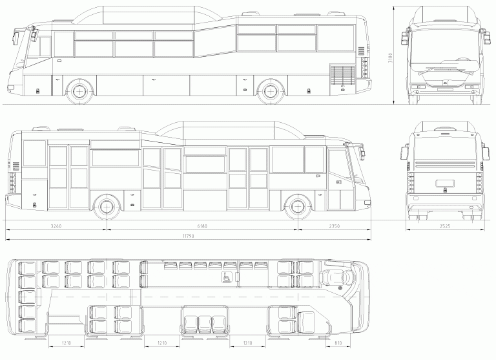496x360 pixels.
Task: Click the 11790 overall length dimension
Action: (188, 236)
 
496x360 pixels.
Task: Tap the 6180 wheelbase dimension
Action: (202, 226)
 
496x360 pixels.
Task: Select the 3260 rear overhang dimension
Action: (56, 226)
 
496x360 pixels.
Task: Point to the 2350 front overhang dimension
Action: (335, 226)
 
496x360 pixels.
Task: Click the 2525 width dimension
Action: (445, 226)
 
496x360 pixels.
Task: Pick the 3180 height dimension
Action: (390, 58)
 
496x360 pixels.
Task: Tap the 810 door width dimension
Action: (338, 343)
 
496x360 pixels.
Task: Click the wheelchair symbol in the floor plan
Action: (227, 277)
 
